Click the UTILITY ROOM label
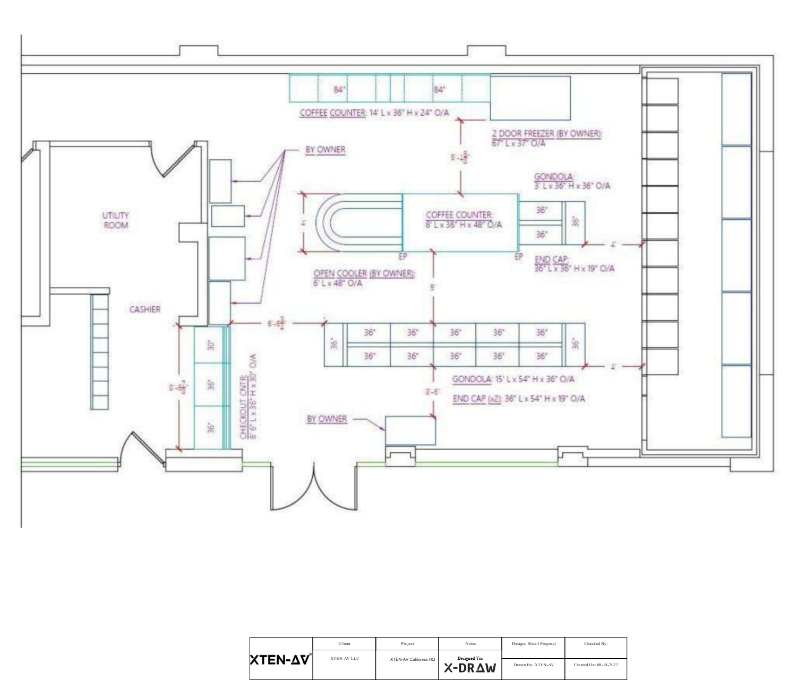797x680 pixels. point(115,220)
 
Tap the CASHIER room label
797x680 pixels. point(144,309)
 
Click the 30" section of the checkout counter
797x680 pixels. point(211,345)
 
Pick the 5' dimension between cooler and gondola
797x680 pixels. point(433,287)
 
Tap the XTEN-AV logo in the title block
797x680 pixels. point(281,660)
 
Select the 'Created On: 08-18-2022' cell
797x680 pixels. point(596,665)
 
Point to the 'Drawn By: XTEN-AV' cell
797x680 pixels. point(533,665)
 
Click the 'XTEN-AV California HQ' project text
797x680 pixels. point(413,659)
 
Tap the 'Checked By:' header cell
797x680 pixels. point(596,643)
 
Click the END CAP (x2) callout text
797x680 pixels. point(519,399)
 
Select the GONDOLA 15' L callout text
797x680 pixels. point(513,379)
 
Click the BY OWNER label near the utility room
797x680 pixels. point(325,150)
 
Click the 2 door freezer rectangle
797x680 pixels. point(530,98)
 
